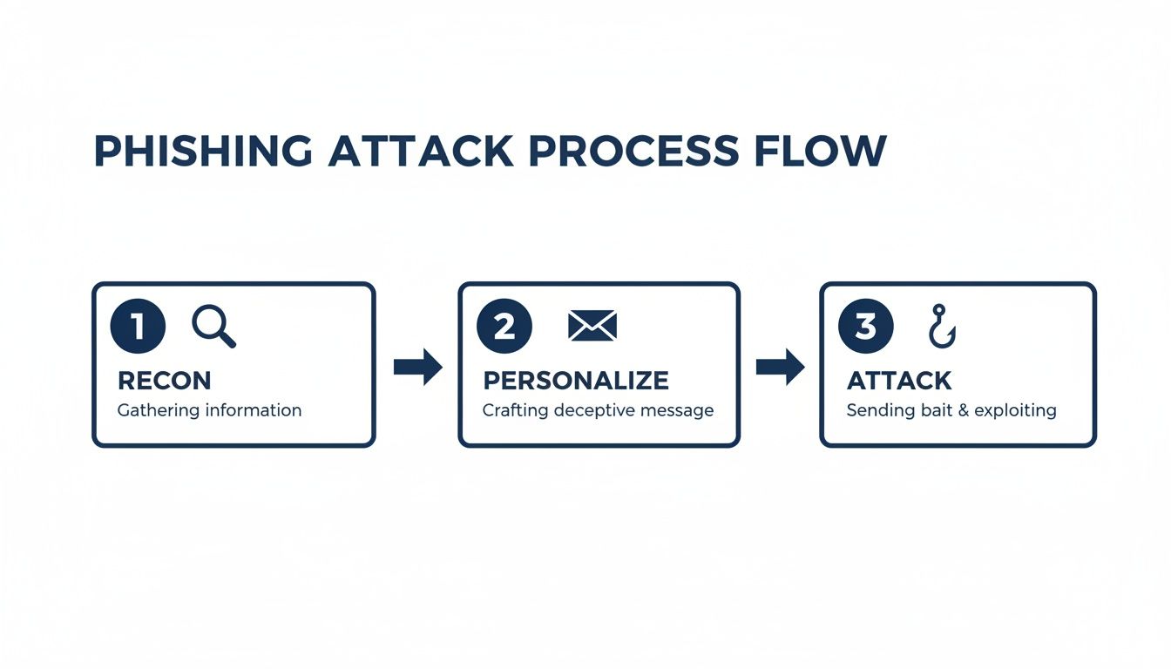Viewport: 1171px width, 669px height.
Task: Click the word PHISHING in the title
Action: click(202, 152)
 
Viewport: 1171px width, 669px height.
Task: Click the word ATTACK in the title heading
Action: click(421, 152)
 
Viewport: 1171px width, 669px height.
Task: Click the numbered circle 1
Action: click(138, 327)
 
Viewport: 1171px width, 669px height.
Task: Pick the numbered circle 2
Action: click(504, 327)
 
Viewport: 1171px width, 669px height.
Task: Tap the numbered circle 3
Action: click(864, 327)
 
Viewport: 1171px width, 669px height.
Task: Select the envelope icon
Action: click(592, 327)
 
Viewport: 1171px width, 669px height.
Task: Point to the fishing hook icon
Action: click(941, 327)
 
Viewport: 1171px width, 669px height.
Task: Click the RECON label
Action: click(164, 381)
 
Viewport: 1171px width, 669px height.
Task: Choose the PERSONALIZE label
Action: click(576, 381)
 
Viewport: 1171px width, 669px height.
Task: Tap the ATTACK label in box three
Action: click(899, 381)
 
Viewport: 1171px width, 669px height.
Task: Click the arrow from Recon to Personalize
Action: click(417, 368)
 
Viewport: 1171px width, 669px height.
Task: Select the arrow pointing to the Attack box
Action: click(780, 368)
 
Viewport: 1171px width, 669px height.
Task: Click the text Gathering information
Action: click(209, 410)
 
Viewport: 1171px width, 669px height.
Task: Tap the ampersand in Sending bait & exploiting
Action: click(964, 410)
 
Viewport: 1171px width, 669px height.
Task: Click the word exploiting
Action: click(1015, 410)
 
